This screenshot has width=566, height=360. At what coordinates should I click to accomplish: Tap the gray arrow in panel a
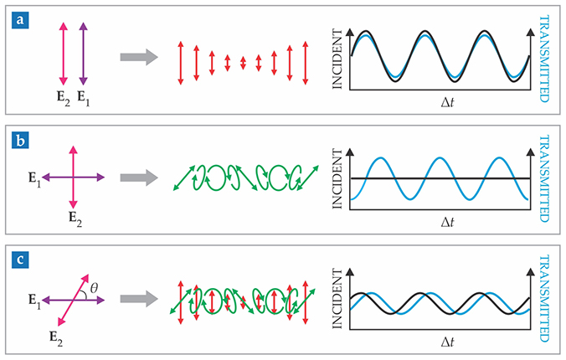pyautogui.click(x=139, y=57)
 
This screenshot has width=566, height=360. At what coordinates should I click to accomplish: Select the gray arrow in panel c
pyautogui.click(x=139, y=297)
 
